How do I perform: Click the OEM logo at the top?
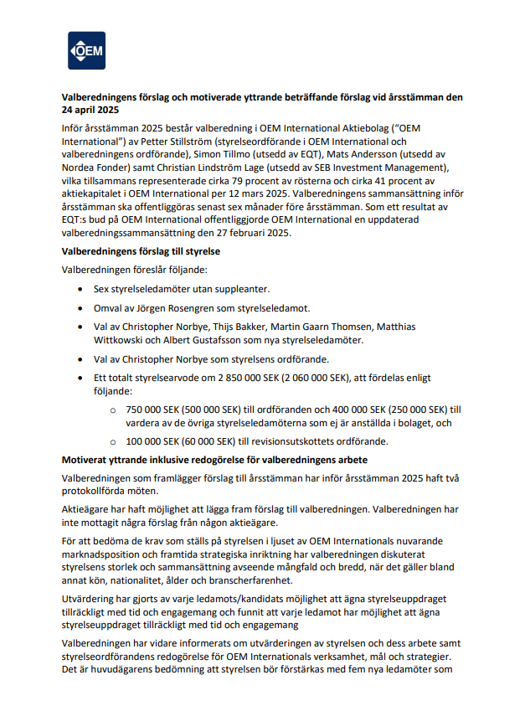(87, 50)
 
